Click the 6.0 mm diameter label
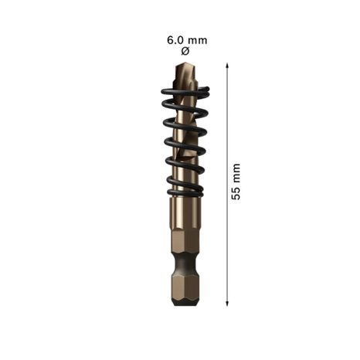(x=187, y=40)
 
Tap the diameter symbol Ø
(x=185, y=51)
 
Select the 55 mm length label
(x=236, y=182)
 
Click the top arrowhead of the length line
(x=227, y=65)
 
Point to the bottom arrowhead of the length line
(x=227, y=304)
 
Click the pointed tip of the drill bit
(x=185, y=63)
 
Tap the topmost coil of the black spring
(x=185, y=90)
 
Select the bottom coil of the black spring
(x=185, y=192)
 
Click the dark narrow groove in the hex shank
(x=185, y=263)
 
